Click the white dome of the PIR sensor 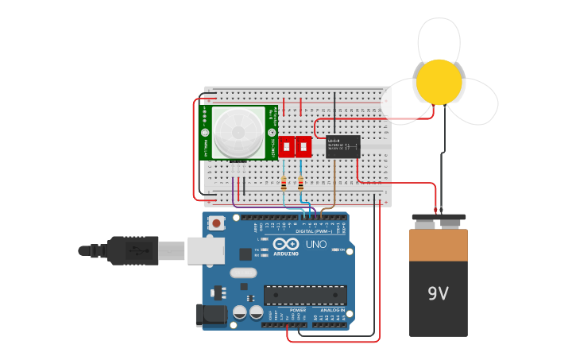pos(238,133)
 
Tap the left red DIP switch pos(286,146)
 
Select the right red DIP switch pos(303,146)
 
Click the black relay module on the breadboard pos(342,146)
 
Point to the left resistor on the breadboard pos(284,184)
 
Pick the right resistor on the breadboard pos(300,184)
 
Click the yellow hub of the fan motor pos(439,82)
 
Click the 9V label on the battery pos(438,293)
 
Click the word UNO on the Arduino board pos(316,244)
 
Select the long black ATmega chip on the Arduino pos(305,295)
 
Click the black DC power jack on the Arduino pos(210,315)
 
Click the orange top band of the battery pos(439,245)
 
